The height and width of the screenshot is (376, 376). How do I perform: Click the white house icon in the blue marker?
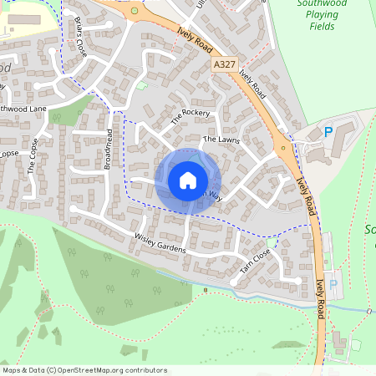click(188, 180)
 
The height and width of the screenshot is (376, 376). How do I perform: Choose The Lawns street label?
click(221, 140)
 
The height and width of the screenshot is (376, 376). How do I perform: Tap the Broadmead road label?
click(108, 150)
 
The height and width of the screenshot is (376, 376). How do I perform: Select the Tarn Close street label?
click(256, 262)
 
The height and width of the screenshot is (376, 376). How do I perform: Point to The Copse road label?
click(33, 154)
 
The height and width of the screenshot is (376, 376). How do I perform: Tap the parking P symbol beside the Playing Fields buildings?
click(328, 131)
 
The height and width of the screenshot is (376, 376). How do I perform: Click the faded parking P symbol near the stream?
click(334, 284)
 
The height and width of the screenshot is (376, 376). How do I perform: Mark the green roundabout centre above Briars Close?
click(135, 11)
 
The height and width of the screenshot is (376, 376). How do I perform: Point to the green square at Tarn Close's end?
click(272, 243)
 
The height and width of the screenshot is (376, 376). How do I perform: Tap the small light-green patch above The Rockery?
click(142, 84)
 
